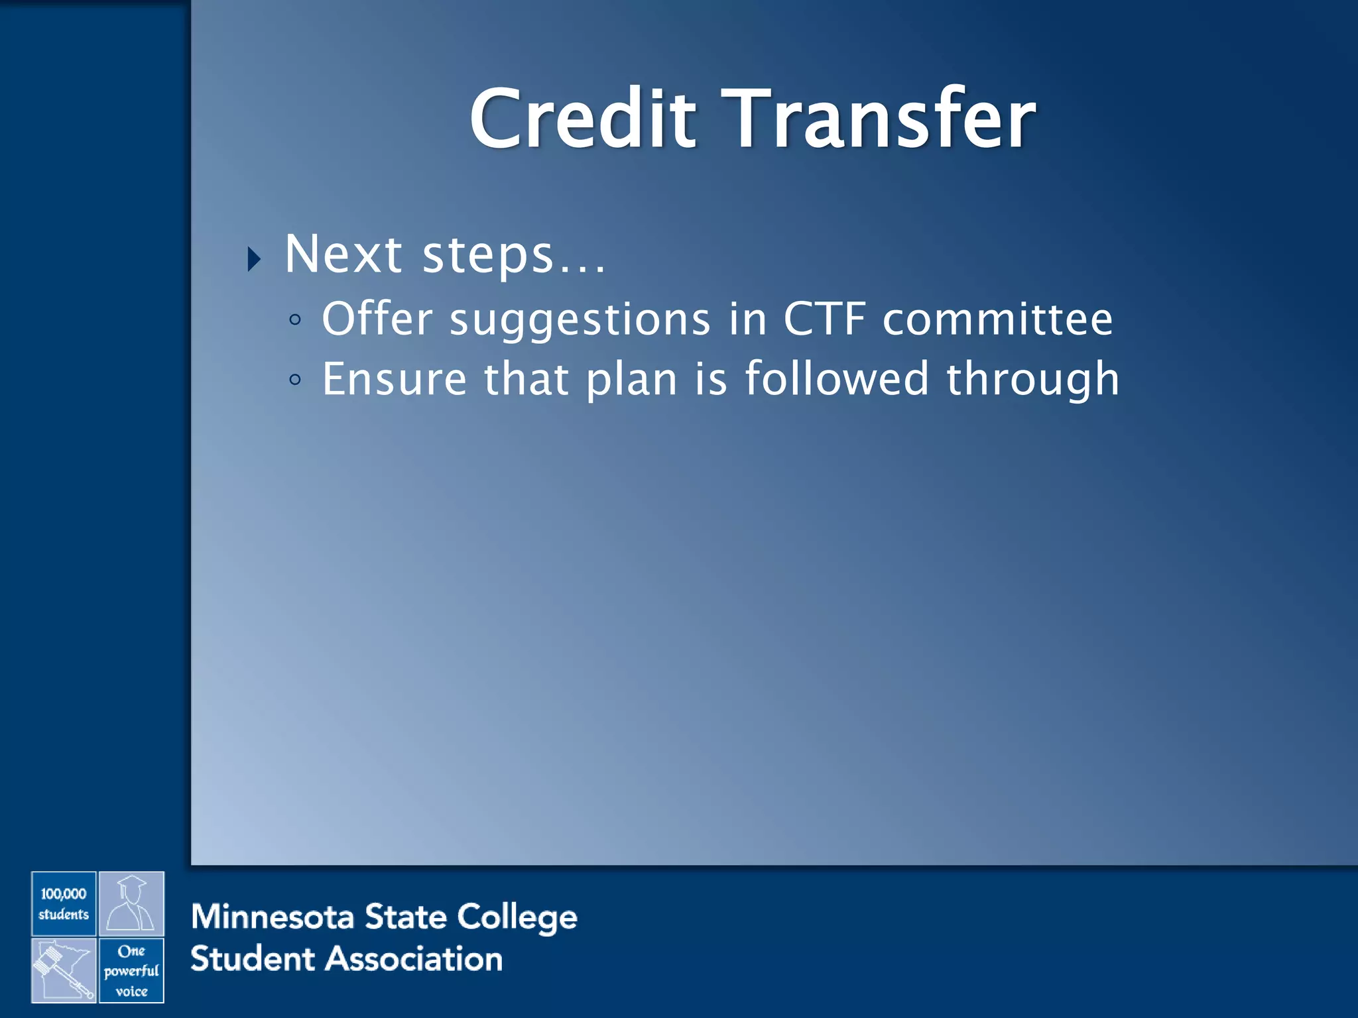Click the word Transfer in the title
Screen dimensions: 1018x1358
(879, 119)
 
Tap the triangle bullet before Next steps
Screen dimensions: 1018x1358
(254, 259)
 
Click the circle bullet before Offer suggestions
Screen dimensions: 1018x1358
(295, 321)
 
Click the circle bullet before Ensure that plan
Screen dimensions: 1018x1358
(295, 380)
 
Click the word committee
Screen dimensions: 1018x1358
(997, 319)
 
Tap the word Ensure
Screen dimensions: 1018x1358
(395, 379)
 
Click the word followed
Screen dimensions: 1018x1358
(836, 379)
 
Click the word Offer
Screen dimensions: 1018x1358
(377, 319)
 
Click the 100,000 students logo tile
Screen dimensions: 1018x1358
(64, 904)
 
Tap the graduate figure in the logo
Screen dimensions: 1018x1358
(131, 904)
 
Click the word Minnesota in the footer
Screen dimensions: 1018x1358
(272, 917)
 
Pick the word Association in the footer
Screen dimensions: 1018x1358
(414, 959)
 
